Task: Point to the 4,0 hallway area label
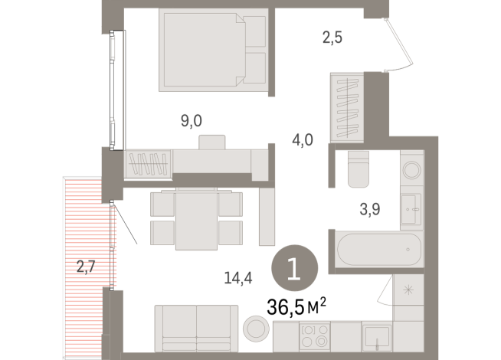click(302, 140)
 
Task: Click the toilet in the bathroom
click(358, 169)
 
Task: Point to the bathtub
click(376, 250)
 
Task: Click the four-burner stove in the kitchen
click(315, 337)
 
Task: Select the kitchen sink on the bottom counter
click(376, 337)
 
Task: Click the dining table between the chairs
click(197, 219)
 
